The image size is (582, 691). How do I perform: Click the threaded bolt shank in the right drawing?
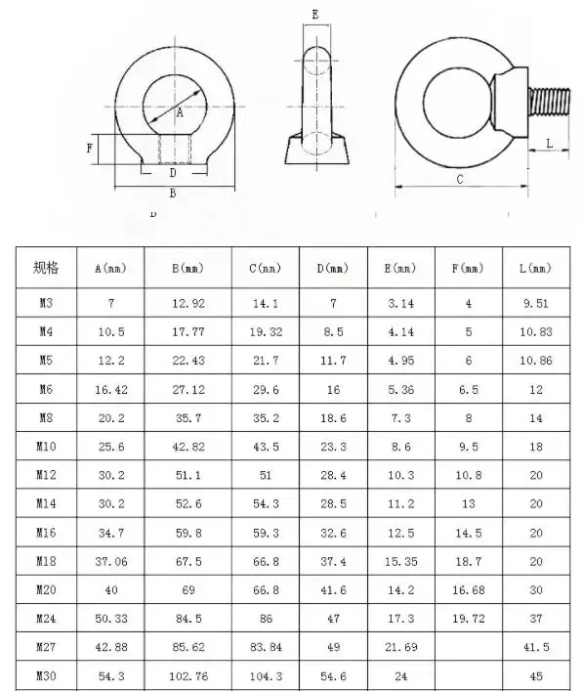pos(549,102)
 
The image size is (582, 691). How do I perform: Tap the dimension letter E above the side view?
pos(315,15)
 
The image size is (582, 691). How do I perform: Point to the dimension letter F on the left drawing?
pos(90,149)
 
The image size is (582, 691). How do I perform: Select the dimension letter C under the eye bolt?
pos(460,180)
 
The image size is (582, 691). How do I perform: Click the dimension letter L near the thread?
pos(549,144)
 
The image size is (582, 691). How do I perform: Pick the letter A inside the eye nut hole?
pos(180,112)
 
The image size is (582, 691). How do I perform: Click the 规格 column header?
pos(46,268)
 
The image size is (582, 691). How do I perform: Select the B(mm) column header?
pos(188,268)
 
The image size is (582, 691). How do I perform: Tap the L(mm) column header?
pos(535,268)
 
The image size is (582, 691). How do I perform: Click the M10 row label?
pos(46,447)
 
